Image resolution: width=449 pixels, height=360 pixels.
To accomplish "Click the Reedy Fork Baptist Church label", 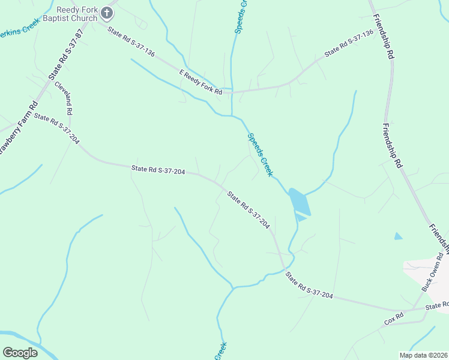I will (76, 14).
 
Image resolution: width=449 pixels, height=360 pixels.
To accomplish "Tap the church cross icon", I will (107, 11).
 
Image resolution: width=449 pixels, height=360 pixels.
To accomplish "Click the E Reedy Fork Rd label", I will (201, 82).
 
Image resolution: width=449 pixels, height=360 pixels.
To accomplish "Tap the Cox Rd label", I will (394, 319).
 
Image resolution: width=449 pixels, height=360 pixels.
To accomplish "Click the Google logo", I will (20, 353).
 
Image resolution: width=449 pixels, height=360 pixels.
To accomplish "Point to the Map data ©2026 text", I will (423, 355).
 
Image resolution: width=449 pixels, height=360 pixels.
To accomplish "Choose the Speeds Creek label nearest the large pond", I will (261, 154).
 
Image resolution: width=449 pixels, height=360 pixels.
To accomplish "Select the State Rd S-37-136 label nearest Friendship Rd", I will (349, 43).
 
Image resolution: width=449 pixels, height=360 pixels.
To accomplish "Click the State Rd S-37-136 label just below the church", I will (131, 42).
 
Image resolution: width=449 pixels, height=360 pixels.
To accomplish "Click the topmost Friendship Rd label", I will (383, 37).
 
